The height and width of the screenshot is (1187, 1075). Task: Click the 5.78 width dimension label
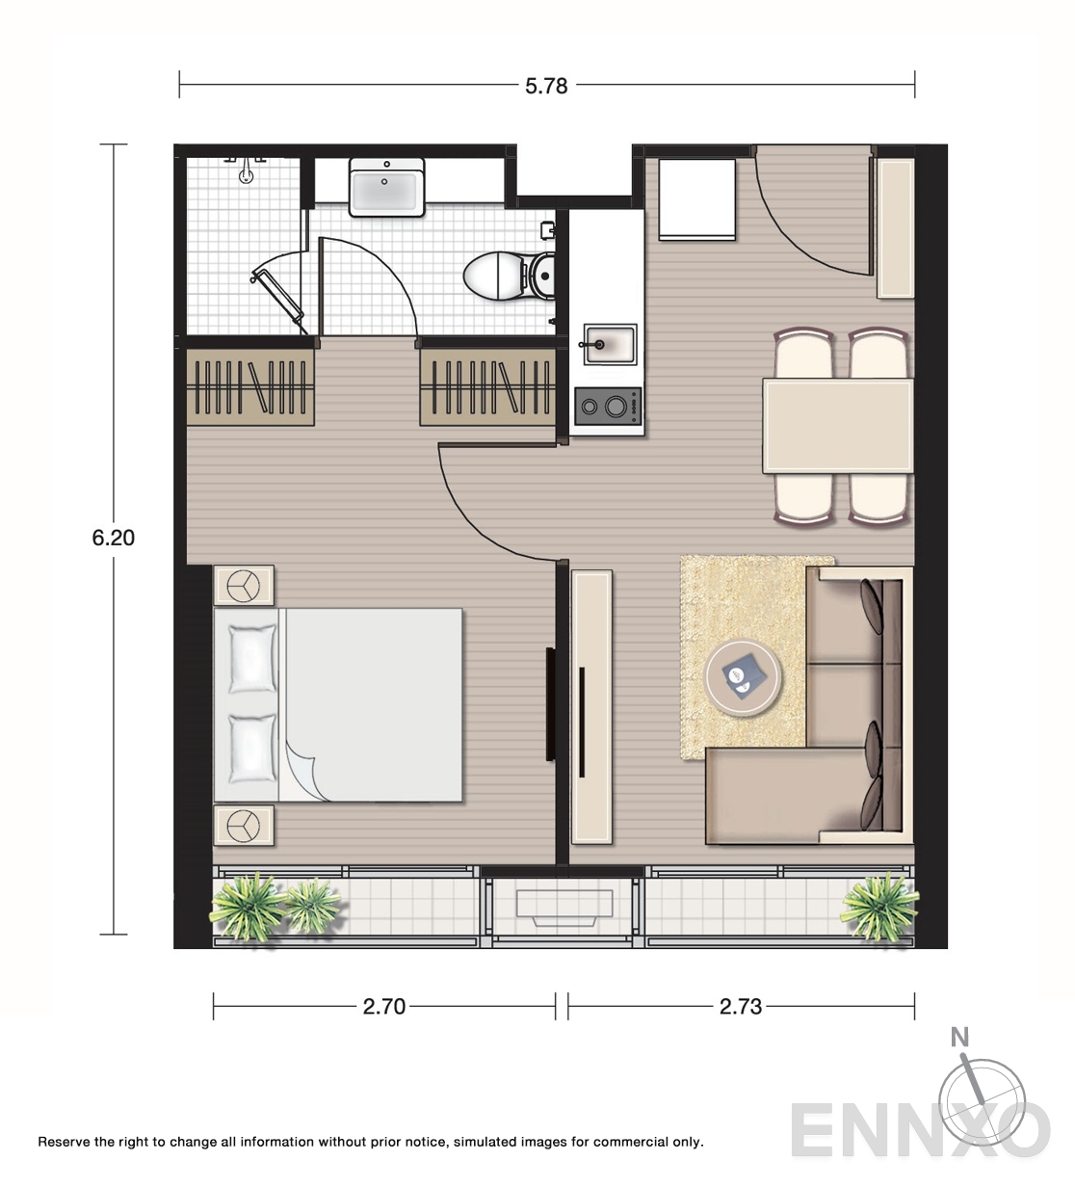point(546,86)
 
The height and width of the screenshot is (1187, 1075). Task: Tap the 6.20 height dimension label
point(113,538)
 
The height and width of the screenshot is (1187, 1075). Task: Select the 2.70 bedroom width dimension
point(384,1006)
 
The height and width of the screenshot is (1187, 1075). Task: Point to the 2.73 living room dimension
point(741,1006)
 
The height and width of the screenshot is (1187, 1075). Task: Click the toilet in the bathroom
point(510,276)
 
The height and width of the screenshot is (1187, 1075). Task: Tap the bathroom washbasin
point(386,187)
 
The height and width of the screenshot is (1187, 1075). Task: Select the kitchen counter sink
point(610,344)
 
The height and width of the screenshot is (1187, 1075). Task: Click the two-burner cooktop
point(608,406)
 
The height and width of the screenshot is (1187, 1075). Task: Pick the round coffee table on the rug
point(743,678)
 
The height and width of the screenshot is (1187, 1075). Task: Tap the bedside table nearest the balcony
point(243,825)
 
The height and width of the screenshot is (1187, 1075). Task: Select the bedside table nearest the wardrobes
point(243,585)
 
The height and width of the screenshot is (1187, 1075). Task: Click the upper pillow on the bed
point(252,659)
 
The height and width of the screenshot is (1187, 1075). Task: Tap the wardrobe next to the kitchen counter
point(487,387)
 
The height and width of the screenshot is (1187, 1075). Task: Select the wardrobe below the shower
point(250,387)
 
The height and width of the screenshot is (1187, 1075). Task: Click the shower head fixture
point(246,170)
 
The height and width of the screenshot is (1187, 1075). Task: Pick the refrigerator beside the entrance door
point(697,199)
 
